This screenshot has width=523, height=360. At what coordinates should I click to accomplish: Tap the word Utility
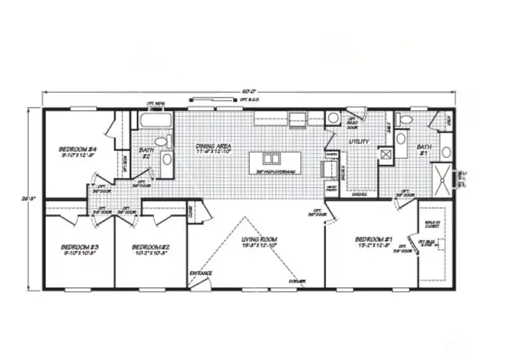(359, 142)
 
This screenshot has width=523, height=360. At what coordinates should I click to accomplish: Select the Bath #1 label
(425, 150)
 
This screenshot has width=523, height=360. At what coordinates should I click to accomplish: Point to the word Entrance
(201, 273)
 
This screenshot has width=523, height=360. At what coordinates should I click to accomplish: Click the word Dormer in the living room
(296, 281)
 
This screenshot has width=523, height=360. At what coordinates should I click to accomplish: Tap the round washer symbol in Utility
(333, 118)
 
